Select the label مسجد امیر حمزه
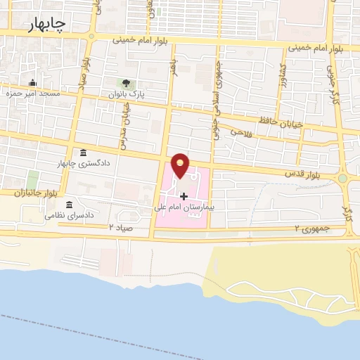(x=32, y=94)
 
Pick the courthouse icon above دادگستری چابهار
(x=84, y=153)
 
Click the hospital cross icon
(x=183, y=195)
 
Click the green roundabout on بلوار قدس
(x=342, y=179)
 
